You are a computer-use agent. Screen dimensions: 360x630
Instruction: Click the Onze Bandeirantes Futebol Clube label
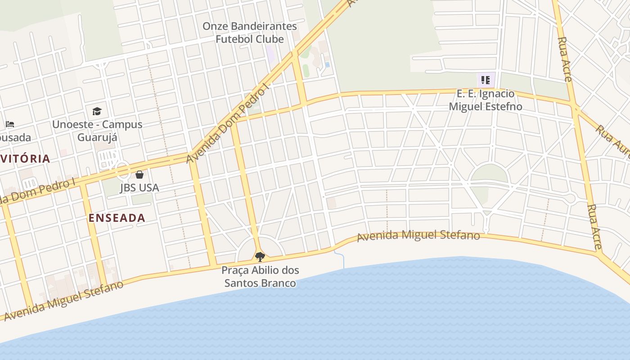pos(249,32)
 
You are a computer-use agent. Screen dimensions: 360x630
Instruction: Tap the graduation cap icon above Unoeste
pos(97,111)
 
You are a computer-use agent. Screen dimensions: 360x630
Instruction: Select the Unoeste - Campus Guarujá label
pos(97,130)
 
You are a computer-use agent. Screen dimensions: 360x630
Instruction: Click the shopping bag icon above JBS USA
pos(139,175)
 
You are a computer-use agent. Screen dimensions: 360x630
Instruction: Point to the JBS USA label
pos(139,187)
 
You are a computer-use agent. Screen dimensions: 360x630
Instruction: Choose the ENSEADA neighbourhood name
pos(117,218)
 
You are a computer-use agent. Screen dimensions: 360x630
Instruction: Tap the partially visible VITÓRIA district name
pos(25,158)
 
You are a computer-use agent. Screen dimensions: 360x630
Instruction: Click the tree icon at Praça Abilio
pos(260,257)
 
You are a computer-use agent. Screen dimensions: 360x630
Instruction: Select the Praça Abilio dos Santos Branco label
pos(260,277)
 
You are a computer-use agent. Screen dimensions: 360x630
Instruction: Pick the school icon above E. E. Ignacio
pos(485,81)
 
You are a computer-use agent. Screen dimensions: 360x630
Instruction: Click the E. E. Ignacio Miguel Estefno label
pos(486,100)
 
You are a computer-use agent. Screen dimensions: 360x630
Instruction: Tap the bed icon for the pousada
pos(10,124)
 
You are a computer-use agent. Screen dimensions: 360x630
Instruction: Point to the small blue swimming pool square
pos(327,65)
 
